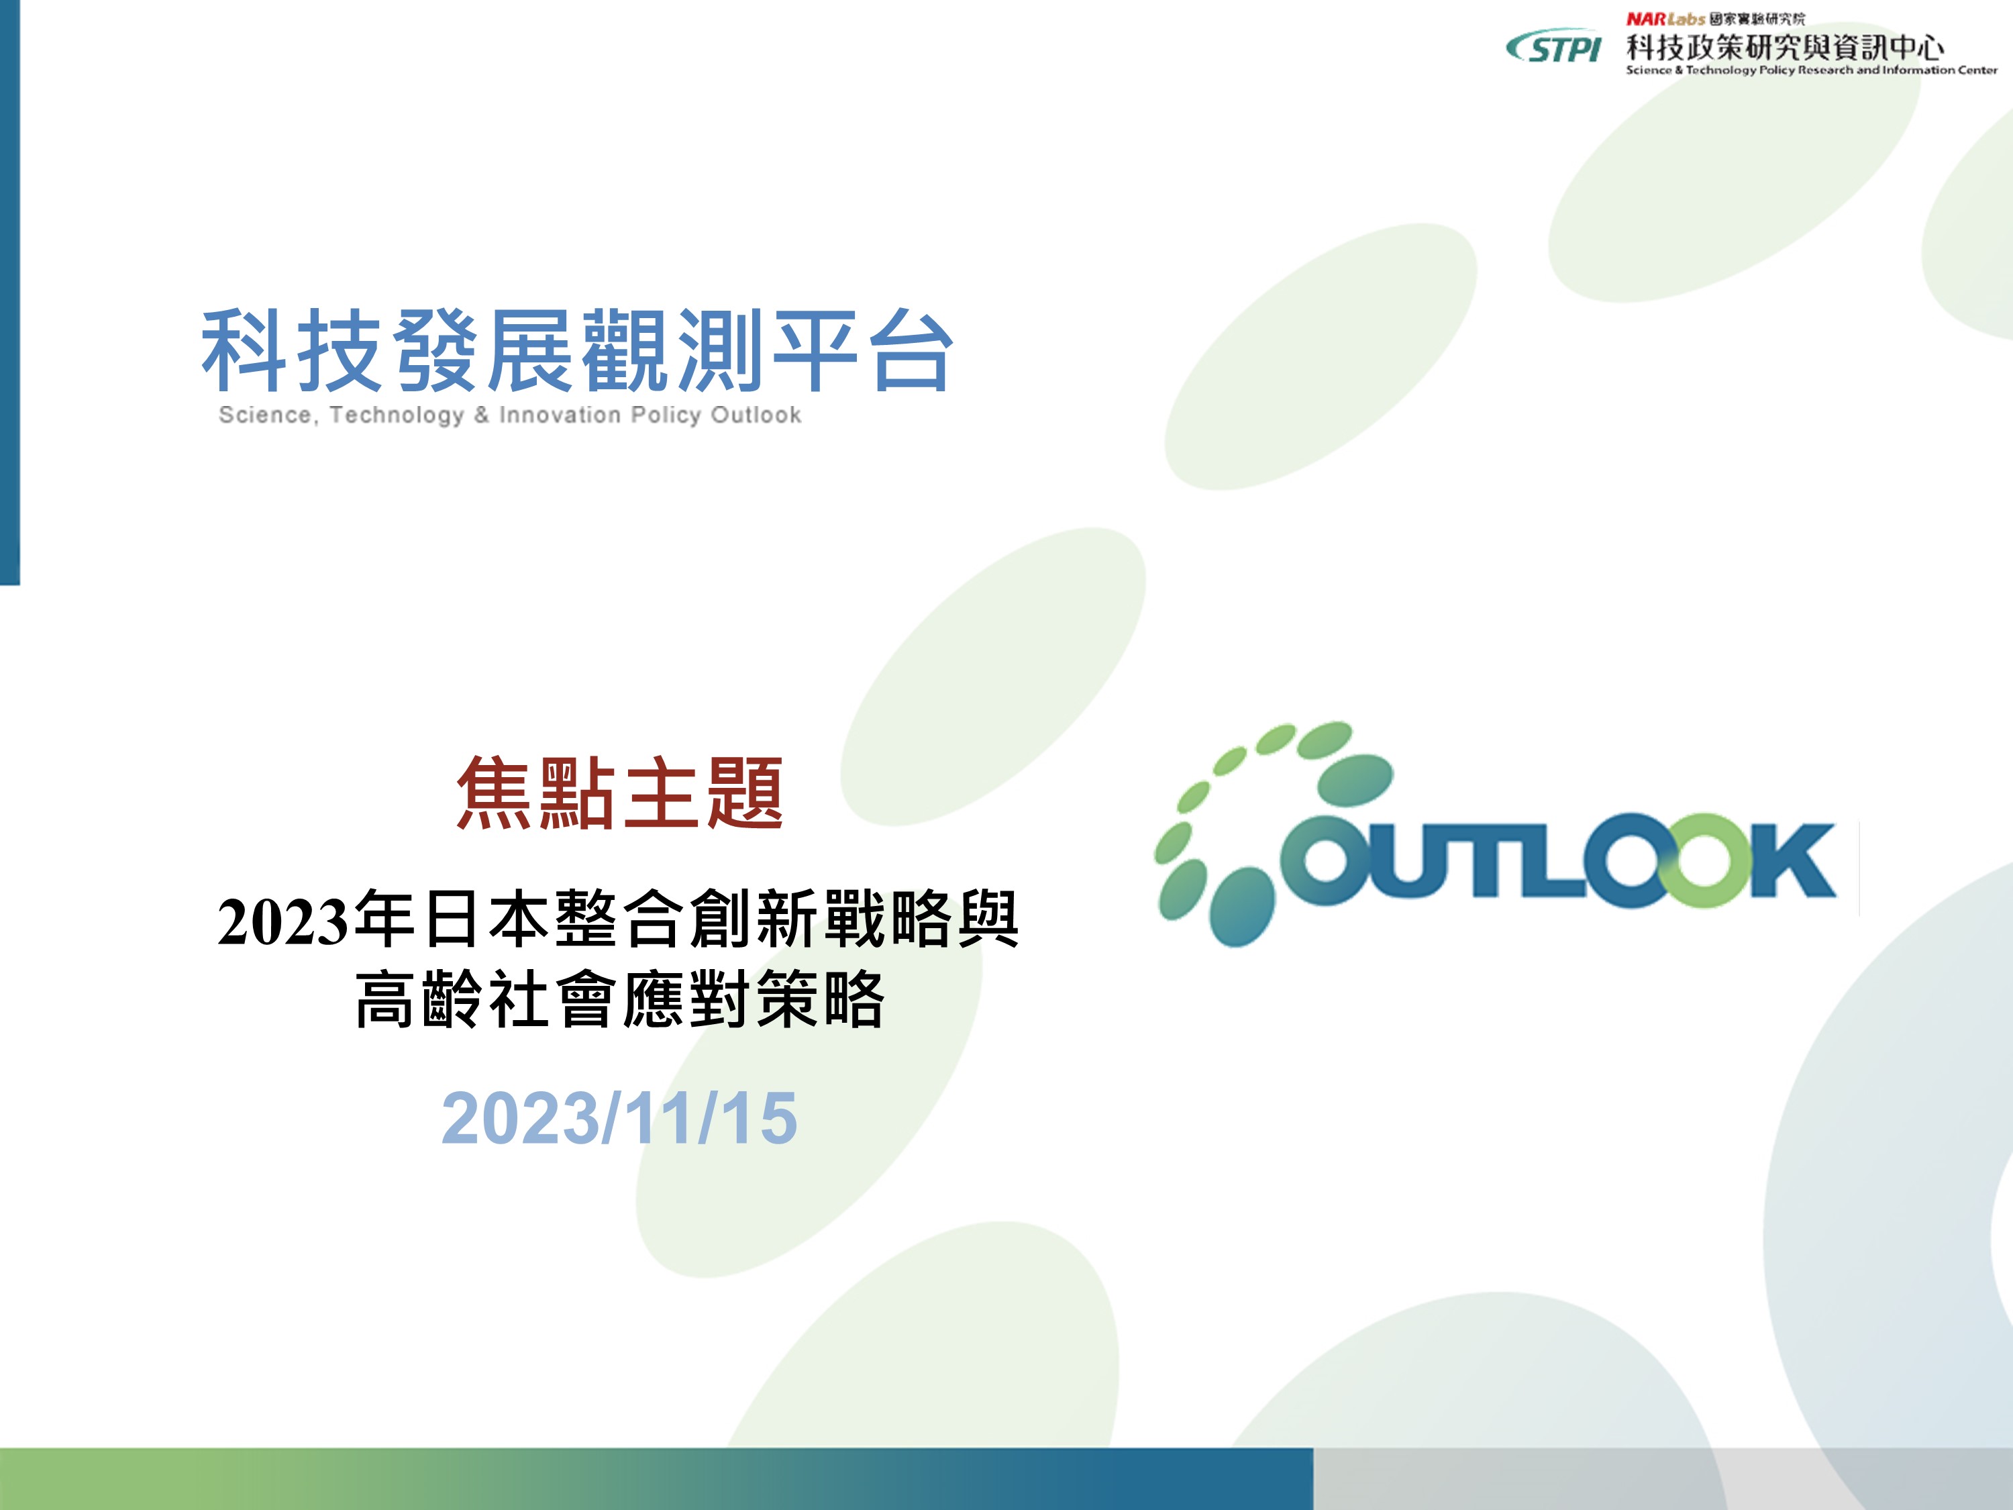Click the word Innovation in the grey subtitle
coord(560,415)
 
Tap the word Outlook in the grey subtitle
coord(756,415)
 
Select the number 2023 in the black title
coord(283,921)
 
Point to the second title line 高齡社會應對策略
coord(620,999)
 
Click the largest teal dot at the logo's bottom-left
coord(1239,907)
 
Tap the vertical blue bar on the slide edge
coord(10,292)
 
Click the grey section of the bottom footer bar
coord(1663,1478)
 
